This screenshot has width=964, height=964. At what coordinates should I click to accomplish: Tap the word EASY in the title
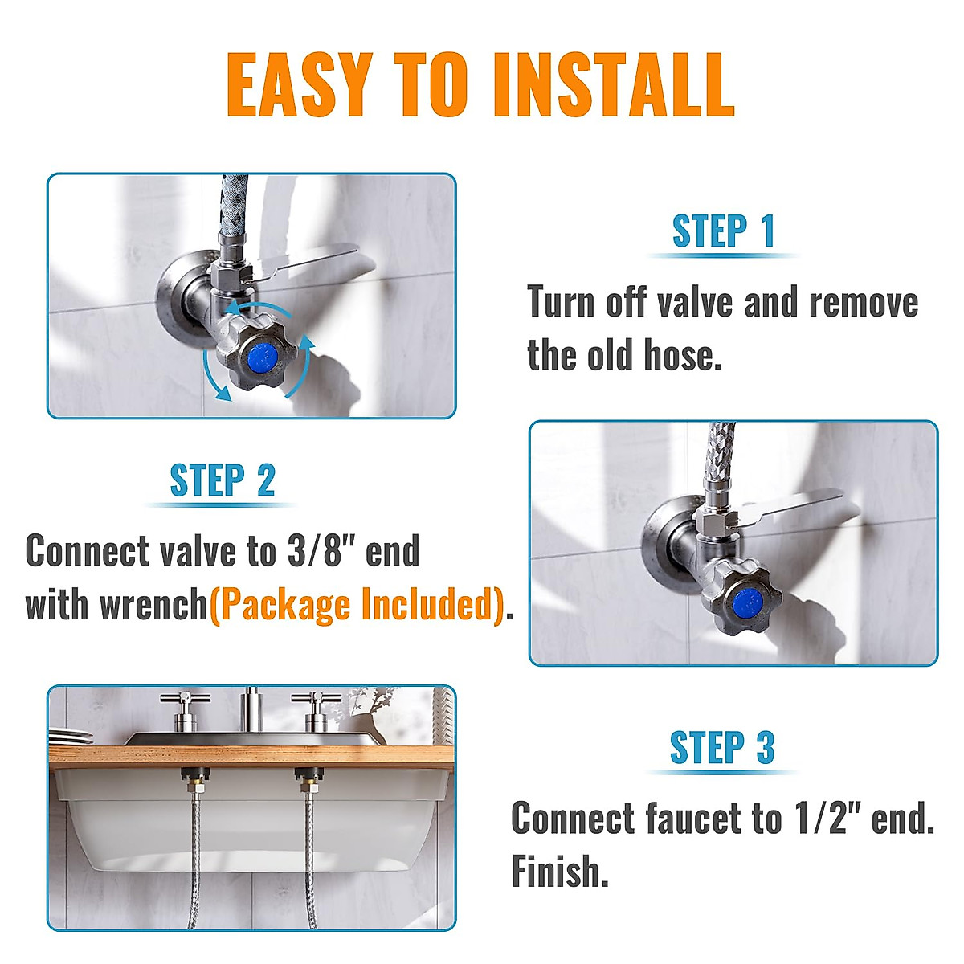coord(300,84)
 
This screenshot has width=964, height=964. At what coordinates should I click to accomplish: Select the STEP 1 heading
coord(723,231)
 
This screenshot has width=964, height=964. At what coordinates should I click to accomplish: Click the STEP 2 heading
coord(222,480)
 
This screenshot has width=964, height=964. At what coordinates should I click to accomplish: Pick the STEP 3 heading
coord(721,747)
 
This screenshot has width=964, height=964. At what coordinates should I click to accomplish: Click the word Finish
coord(558,871)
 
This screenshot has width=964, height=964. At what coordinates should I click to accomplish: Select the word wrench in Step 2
coord(154,605)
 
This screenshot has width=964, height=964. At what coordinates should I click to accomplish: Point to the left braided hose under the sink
coord(194,852)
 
